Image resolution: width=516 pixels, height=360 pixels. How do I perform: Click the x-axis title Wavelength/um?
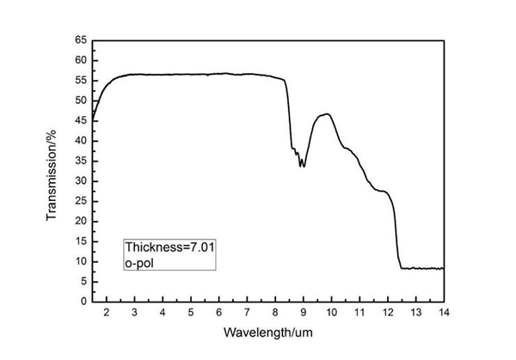(x=267, y=331)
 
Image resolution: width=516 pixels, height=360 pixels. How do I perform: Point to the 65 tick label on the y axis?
(x=82, y=40)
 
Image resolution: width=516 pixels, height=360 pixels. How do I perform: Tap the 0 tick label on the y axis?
(x=84, y=302)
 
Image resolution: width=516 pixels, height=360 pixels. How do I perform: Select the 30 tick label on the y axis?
(x=82, y=180)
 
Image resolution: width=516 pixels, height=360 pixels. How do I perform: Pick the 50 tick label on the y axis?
(x=82, y=101)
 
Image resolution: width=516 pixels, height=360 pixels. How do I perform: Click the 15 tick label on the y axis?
(x=82, y=241)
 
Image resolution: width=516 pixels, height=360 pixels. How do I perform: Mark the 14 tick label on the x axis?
(x=444, y=312)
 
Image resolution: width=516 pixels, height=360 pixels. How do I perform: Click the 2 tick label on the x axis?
(x=107, y=312)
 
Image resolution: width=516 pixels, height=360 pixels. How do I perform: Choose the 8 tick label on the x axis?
(x=275, y=312)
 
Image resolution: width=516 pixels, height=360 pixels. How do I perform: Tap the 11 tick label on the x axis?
(x=359, y=312)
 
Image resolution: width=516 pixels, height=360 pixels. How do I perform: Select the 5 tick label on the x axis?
(x=191, y=312)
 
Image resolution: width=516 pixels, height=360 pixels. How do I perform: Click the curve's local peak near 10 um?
(x=326, y=113)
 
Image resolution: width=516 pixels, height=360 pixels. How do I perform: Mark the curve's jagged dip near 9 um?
(x=301, y=164)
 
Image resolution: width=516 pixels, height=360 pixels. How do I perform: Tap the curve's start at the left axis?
(x=93, y=119)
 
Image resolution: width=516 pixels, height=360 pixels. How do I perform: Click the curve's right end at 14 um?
(x=444, y=268)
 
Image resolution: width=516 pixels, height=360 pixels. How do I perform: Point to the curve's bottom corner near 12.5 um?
(x=402, y=267)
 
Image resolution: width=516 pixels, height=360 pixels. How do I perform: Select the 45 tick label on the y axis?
(x=82, y=120)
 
